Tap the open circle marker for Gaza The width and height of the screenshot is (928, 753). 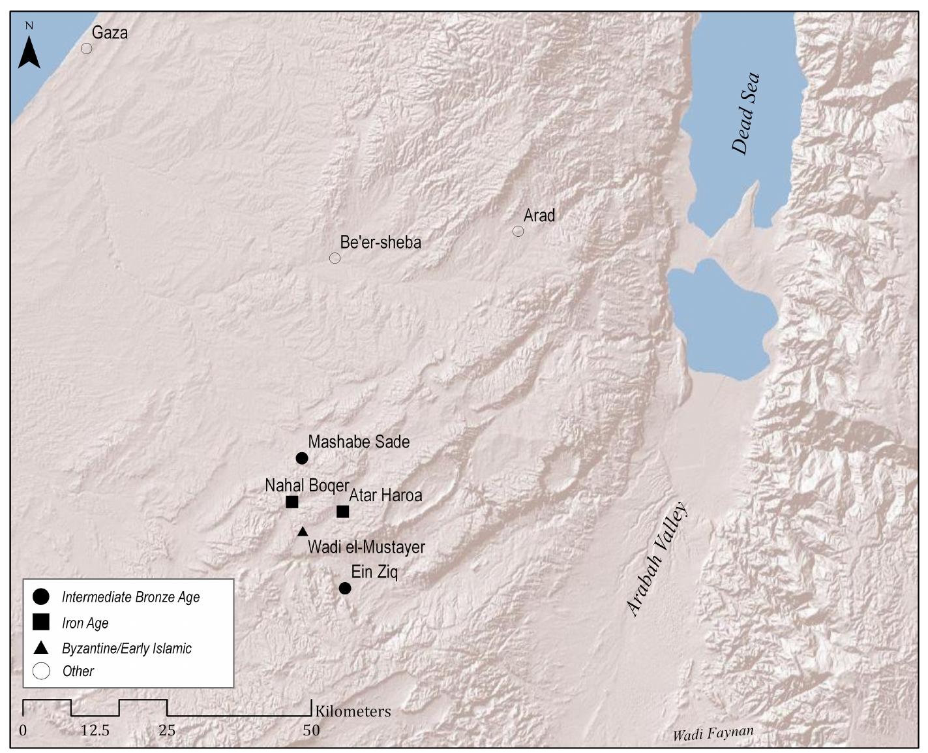click(86, 48)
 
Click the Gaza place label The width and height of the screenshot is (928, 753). click(110, 33)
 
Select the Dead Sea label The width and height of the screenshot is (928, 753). click(745, 113)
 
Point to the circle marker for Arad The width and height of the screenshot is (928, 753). click(518, 231)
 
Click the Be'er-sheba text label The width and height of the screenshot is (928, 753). click(380, 243)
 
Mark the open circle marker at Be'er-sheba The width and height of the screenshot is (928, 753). click(335, 258)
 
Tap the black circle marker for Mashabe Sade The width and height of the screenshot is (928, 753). click(301, 458)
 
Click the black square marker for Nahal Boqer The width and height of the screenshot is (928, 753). click(292, 502)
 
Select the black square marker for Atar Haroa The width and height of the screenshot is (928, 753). click(342, 512)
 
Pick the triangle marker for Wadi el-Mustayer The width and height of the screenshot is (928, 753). click(303, 532)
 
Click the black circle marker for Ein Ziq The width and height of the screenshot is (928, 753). click(345, 588)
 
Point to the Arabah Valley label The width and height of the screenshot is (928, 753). click(657, 559)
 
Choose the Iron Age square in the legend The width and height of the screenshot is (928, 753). click(42, 622)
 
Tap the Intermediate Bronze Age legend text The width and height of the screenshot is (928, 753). click(130, 597)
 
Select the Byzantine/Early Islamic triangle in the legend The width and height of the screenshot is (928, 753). click(42, 648)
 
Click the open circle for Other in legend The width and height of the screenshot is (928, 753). click(42, 671)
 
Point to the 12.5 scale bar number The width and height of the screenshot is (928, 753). click(95, 730)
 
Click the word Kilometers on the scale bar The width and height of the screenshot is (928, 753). click(353, 711)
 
